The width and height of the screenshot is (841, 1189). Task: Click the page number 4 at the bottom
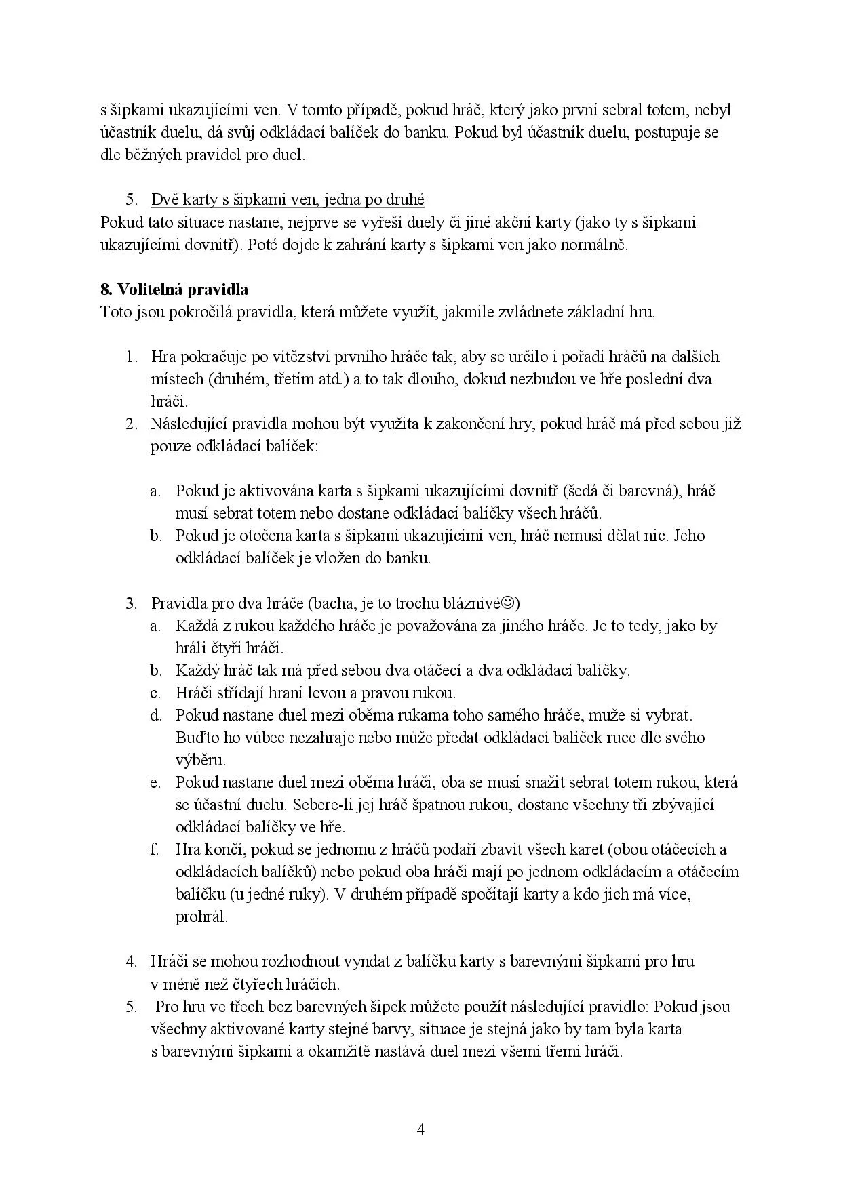(x=420, y=1129)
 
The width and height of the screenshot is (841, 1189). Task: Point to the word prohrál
(x=201, y=917)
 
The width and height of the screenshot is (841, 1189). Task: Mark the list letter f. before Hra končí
(x=155, y=849)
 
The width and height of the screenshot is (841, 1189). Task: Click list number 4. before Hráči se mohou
(x=131, y=961)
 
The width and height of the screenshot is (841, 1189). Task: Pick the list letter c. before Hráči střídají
(x=155, y=693)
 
